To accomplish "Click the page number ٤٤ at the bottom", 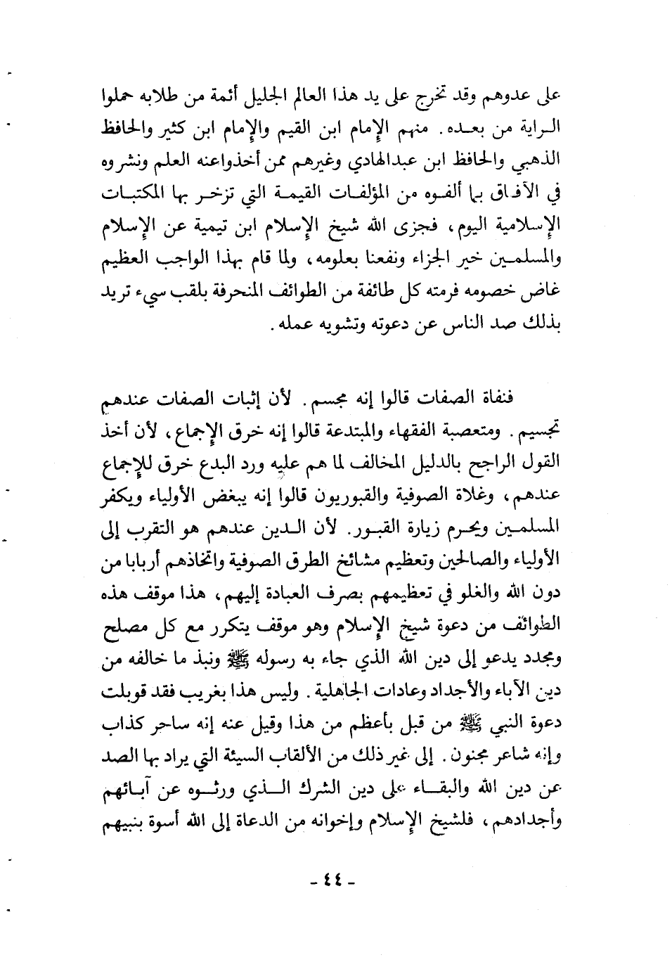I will click(x=335, y=881).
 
